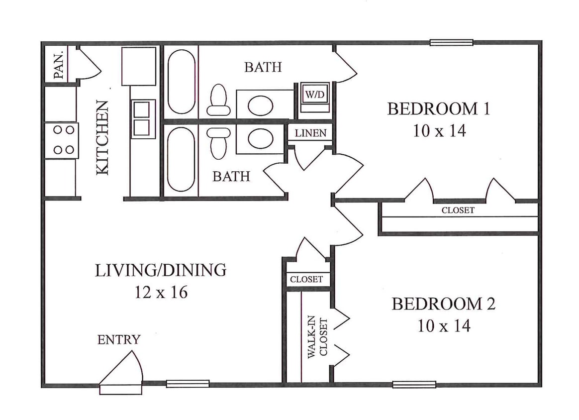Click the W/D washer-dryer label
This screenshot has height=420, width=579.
pos(314,95)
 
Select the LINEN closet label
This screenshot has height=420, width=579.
pos(310,133)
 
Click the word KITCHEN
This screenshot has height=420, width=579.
pos(102,137)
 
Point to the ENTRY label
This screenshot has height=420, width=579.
pos(118,340)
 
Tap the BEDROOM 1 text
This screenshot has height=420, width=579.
pos(438,108)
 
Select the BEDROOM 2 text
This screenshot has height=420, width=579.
pos(443,304)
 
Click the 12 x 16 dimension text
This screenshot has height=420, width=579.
pos(161,292)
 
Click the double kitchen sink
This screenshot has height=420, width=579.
pos(143,118)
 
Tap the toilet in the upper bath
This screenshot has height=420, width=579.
pos(218,100)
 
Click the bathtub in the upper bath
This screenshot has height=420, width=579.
pos(181,81)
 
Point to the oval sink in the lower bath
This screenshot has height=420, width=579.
pos(260,138)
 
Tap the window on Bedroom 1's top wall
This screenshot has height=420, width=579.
pos(451,43)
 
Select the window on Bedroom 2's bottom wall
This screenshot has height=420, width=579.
pos(414,384)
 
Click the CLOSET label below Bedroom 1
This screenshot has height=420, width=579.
pos(458,210)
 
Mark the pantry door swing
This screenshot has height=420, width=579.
pos(88,65)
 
